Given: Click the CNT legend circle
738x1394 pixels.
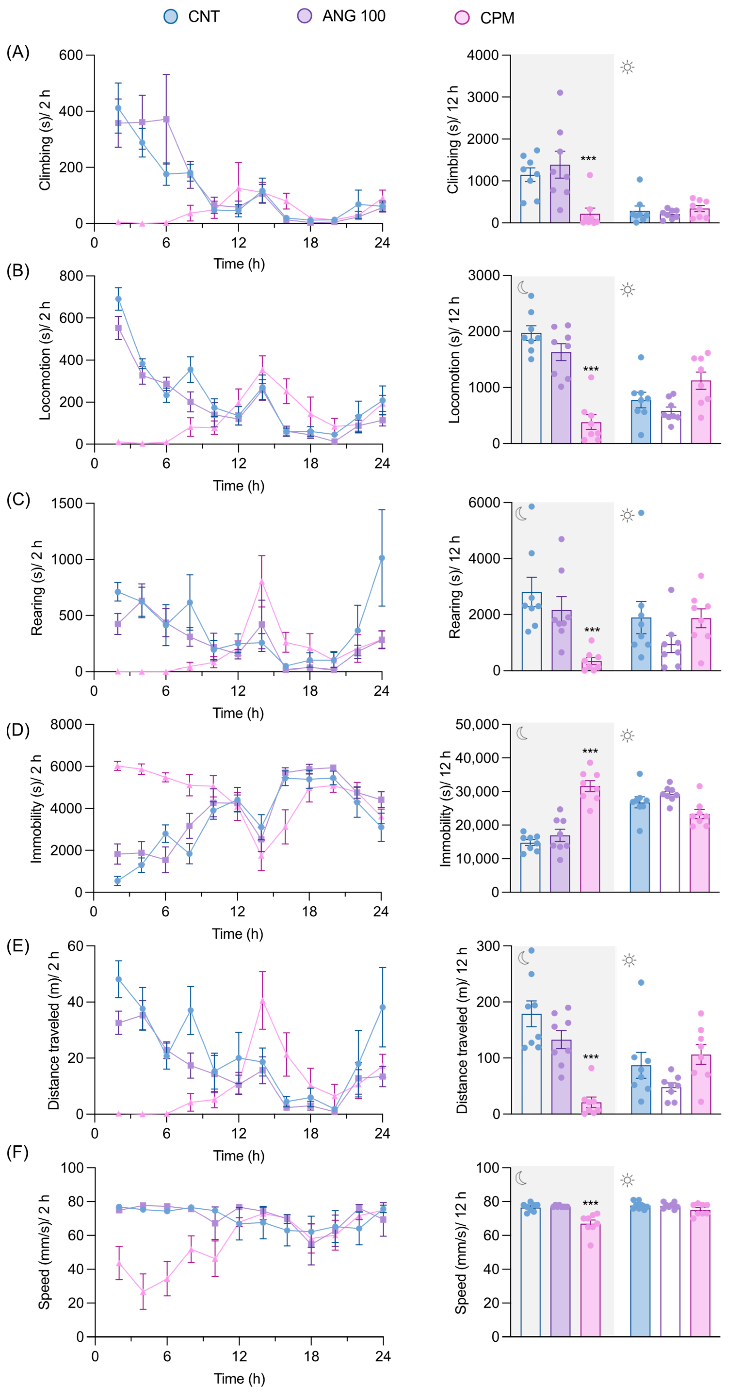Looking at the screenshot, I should [x=171, y=16].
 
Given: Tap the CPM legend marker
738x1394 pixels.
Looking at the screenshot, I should [x=462, y=18].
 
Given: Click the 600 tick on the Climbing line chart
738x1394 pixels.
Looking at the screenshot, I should [x=71, y=55].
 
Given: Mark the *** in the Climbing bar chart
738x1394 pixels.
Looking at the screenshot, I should [x=588, y=159].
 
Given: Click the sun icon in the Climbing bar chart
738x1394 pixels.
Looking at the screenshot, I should [x=627, y=68].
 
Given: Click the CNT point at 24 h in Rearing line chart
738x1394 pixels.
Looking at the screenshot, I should [x=382, y=558].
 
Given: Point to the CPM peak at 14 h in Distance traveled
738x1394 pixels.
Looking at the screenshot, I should [x=262, y=1000].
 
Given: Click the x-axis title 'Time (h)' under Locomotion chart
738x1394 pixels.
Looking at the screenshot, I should [x=238, y=485].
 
